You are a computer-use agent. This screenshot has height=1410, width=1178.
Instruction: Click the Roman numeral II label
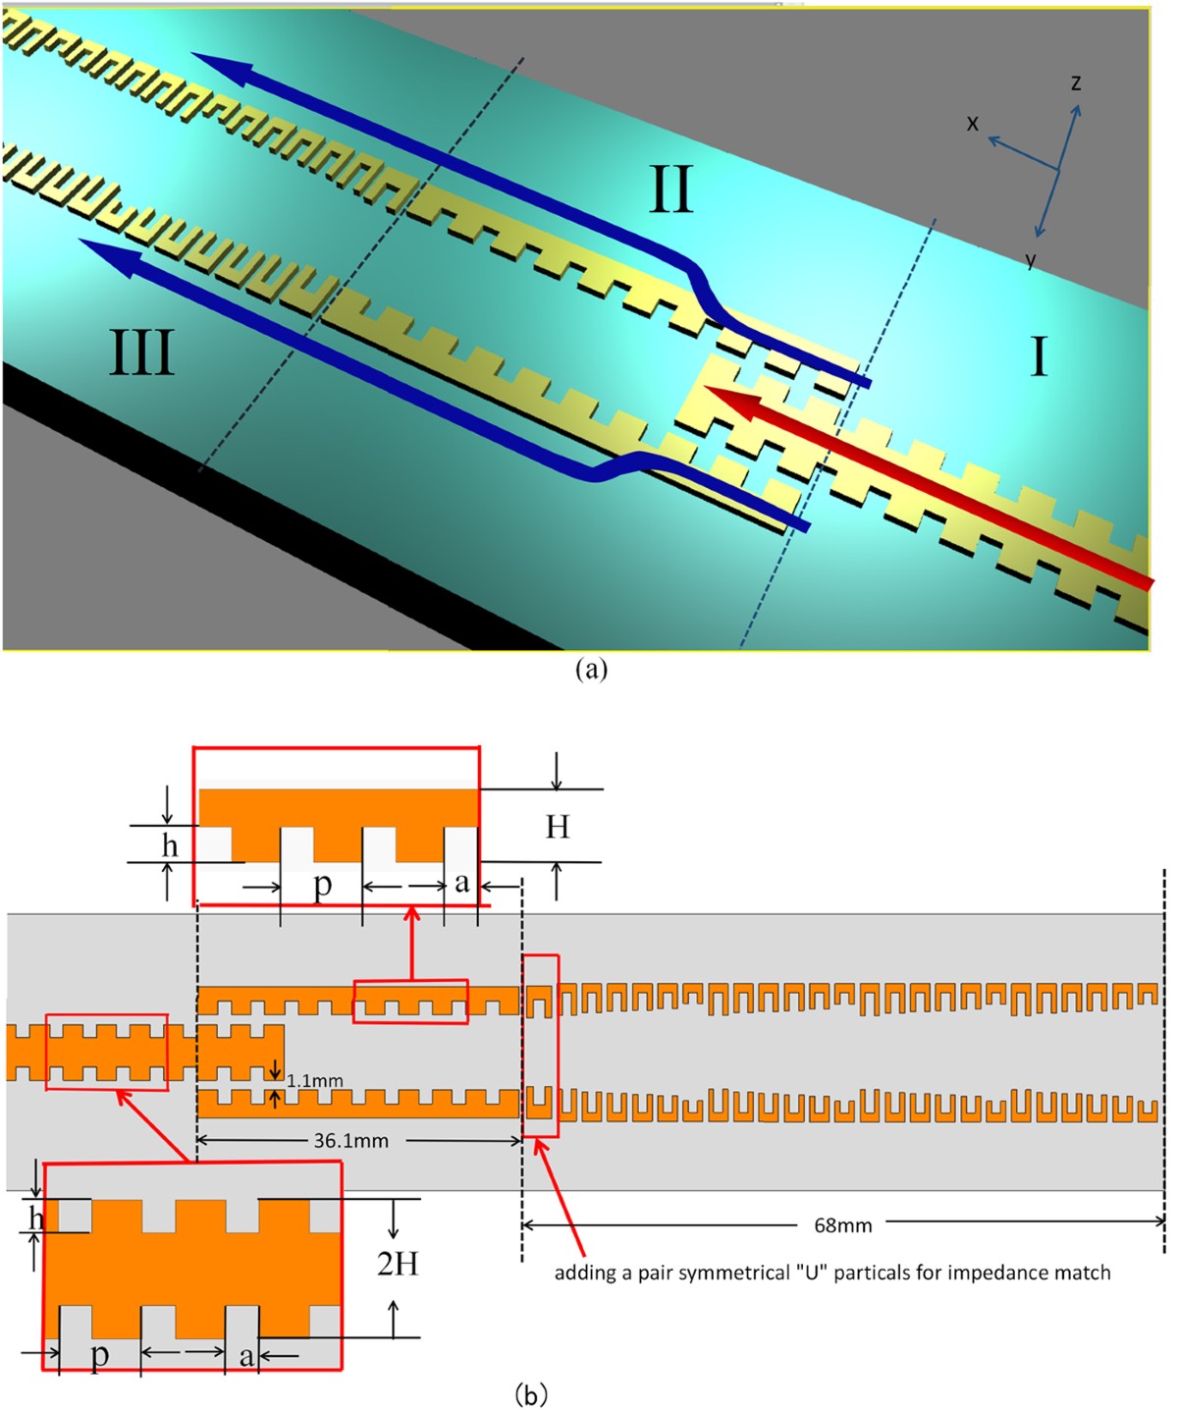[x=671, y=190]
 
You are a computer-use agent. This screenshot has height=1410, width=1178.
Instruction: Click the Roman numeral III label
[x=141, y=353]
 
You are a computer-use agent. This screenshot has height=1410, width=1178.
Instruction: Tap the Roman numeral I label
[x=1039, y=357]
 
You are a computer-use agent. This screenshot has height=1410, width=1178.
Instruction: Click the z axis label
[x=1076, y=83]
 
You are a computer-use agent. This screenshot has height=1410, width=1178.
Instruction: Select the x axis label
[x=973, y=123]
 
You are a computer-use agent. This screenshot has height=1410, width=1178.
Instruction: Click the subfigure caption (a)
[x=591, y=670]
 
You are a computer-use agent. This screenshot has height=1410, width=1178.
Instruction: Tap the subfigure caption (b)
[x=531, y=1393]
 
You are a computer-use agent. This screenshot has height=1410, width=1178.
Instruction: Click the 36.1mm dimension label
[x=350, y=1141]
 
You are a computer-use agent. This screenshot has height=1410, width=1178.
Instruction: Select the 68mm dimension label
[x=842, y=1225]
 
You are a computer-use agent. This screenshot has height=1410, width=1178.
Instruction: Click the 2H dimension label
[x=398, y=1263]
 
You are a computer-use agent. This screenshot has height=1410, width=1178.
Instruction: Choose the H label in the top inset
[x=558, y=827]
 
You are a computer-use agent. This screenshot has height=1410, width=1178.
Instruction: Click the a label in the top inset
[x=461, y=883]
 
